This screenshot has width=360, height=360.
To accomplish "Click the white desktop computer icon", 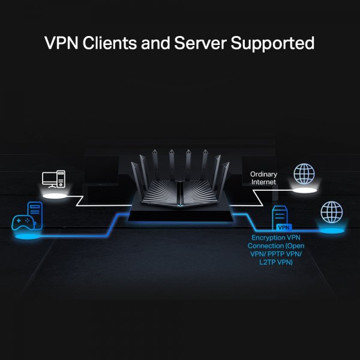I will pos(54,181).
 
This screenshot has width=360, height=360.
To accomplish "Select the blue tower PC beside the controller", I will pos(34,214).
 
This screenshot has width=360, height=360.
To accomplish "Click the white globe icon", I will pos(304,173).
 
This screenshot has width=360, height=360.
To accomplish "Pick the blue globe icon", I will pos(331,212).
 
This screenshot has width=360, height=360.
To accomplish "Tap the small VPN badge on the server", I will pos(283,227).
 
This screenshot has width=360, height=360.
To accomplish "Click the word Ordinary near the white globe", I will pos(263,174).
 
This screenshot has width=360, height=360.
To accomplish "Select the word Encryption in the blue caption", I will pos(265,238).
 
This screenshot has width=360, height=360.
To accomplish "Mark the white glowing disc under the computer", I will pos(54,195).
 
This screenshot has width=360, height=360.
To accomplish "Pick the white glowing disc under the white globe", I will pos(304,190).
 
